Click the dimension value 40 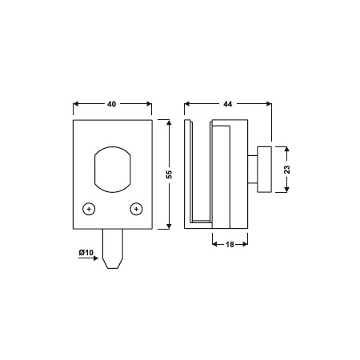tap(112, 104)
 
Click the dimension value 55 tap(169, 174)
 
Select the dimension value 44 tap(228, 104)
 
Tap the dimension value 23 tap(287, 170)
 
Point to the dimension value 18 tap(230, 244)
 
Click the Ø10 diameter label tap(86, 252)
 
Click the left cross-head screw tap(89, 209)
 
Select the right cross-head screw tap(136, 209)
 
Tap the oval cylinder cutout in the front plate tap(113, 170)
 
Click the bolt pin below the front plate tap(113, 249)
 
